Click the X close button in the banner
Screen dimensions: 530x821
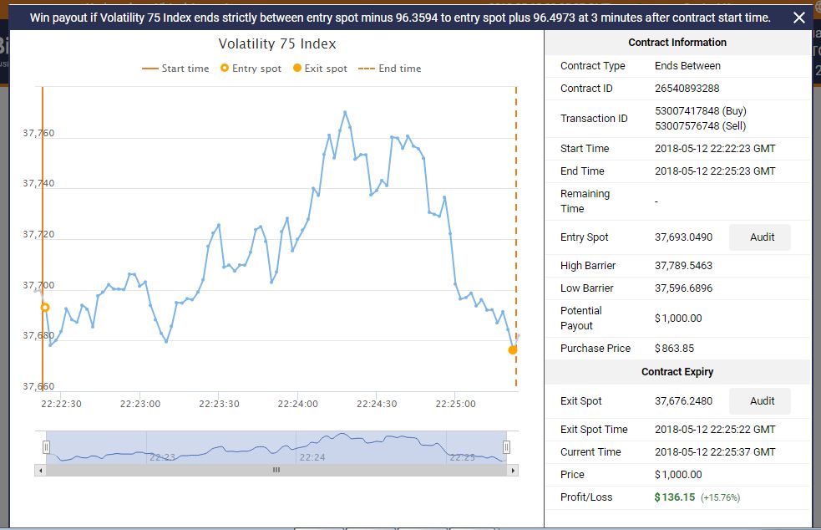pyautogui.click(x=799, y=18)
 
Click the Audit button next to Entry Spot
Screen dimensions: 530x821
pyautogui.click(x=761, y=237)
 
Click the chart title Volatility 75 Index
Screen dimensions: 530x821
pyautogui.click(x=277, y=43)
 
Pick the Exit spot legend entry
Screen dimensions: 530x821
pyautogui.click(x=320, y=69)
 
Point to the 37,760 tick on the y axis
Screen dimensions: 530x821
pyautogui.click(x=38, y=133)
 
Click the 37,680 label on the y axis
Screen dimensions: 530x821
pyautogui.click(x=38, y=335)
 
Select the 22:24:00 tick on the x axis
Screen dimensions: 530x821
pyautogui.click(x=298, y=404)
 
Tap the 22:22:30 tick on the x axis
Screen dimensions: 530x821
pyautogui.click(x=61, y=404)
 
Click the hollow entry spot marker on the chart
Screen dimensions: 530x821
pyautogui.click(x=45, y=308)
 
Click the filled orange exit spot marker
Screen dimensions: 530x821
pyautogui.click(x=512, y=349)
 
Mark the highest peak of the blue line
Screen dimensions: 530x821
pyautogui.click(x=345, y=112)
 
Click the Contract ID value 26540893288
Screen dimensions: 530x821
pyautogui.click(x=687, y=88)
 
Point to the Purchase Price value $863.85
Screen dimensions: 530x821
pyautogui.click(x=674, y=349)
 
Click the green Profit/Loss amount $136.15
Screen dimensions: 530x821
pyautogui.click(x=675, y=497)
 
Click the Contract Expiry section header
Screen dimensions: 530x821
pyautogui.click(x=677, y=372)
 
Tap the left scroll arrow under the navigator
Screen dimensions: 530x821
pyautogui.click(x=39, y=470)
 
